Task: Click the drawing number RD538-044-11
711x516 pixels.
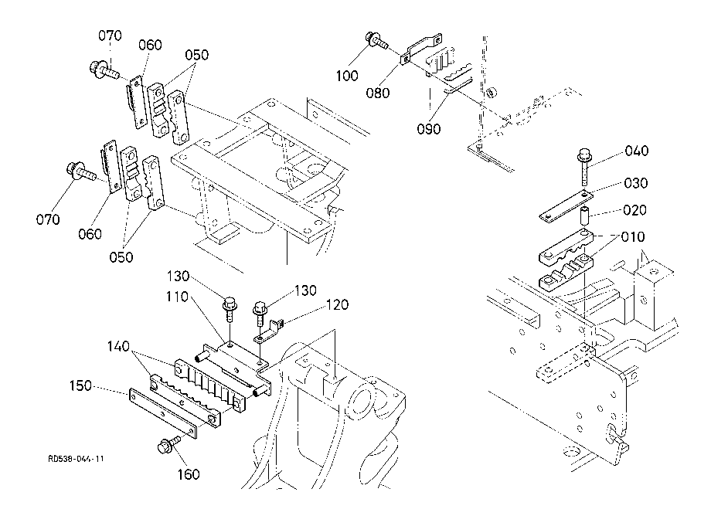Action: pos(77,459)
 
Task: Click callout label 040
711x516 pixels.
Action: pos(637,151)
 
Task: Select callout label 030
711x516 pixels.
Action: pos(636,183)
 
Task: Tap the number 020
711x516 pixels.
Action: pos(634,210)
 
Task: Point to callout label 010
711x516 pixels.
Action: pos(632,237)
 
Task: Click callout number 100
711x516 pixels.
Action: pos(347,76)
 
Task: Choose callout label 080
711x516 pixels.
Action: pos(378,93)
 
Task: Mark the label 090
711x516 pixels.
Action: pos(428,129)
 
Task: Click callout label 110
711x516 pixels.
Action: pos(177,297)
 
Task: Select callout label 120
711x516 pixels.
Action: pos(337,304)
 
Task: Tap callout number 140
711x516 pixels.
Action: pos(118,347)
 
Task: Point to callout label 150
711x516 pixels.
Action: pos(80,386)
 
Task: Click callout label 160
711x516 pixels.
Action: pos(188,474)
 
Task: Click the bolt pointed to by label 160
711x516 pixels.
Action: pos(168,444)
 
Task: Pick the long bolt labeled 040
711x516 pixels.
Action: pos(584,168)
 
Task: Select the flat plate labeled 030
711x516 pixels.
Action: pos(566,206)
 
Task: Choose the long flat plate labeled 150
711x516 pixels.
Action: pos(163,414)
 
